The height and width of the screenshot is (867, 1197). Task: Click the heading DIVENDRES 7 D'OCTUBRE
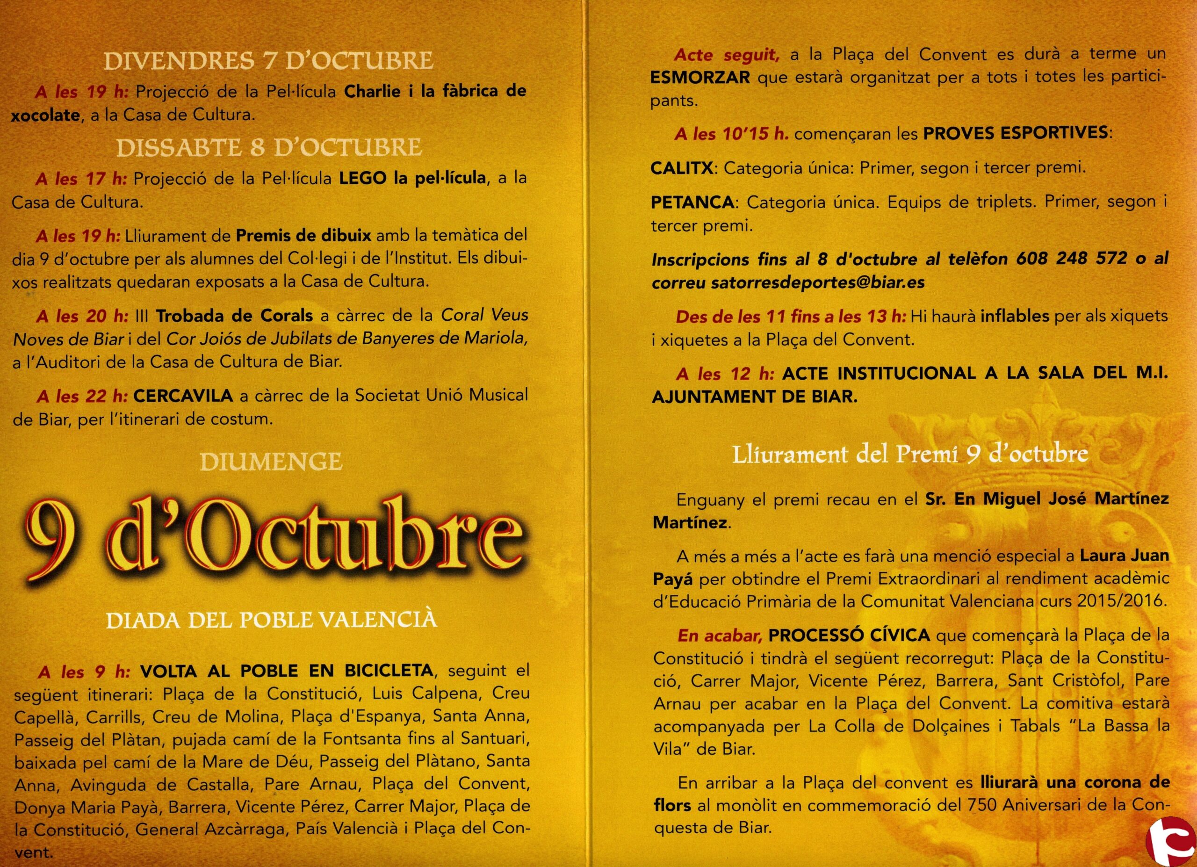(x=269, y=61)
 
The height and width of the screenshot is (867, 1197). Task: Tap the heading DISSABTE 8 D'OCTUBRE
(x=269, y=148)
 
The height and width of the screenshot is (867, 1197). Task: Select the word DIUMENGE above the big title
(x=271, y=462)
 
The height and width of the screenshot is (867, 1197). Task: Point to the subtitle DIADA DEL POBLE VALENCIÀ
(x=272, y=620)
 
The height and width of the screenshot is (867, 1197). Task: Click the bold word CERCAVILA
(x=183, y=395)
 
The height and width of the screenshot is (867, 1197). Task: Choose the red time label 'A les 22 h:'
(x=82, y=396)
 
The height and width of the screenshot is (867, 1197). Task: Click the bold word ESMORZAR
(x=700, y=78)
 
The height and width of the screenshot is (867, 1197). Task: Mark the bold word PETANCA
(x=692, y=202)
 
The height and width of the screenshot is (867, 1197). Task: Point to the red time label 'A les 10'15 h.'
(x=731, y=134)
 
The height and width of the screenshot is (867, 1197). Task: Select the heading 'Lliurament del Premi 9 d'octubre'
(x=910, y=455)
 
